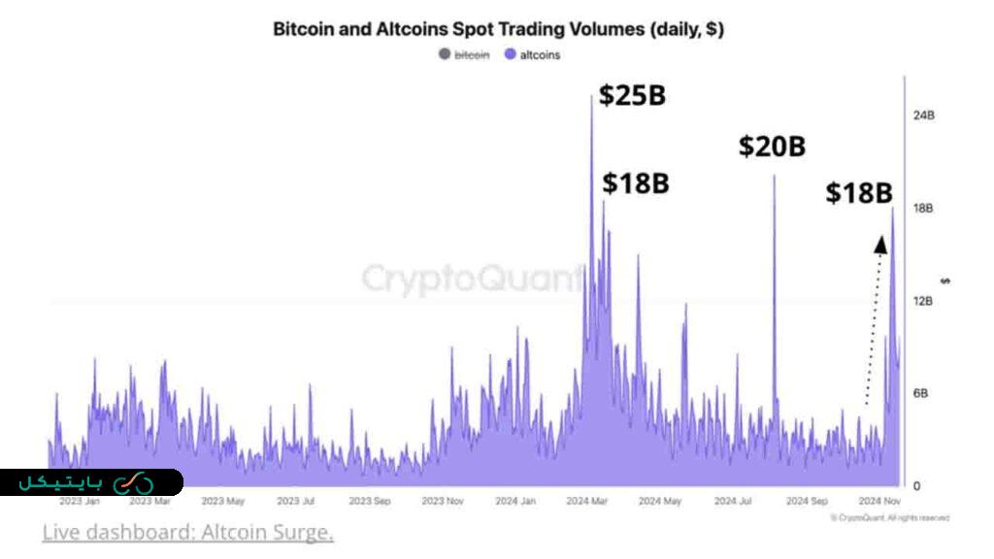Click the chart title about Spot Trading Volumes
[498, 29]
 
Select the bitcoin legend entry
[466, 55]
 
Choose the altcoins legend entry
[533, 55]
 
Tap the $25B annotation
[632, 96]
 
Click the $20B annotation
[772, 147]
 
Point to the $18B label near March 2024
[636, 183]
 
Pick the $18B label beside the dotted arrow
[859, 193]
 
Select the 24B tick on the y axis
[923, 115]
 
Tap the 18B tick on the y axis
[923, 209]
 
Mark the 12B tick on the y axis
[923, 301]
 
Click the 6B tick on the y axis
[923, 393]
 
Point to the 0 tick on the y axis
[917, 485]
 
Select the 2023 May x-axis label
[222, 502]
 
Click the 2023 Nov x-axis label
[442, 502]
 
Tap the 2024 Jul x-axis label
[733, 502]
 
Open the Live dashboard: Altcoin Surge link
[187, 532]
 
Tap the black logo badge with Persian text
[91, 482]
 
